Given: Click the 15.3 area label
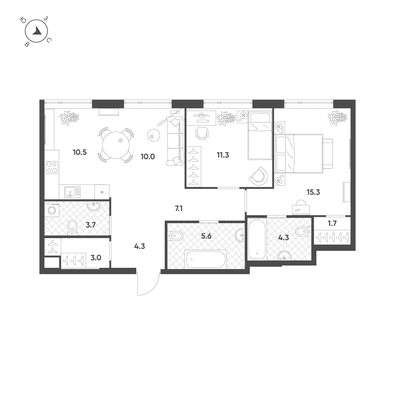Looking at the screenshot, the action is pos(313,192).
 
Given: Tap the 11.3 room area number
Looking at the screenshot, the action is pos(223,155).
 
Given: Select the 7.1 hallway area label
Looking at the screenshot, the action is pos(179,209).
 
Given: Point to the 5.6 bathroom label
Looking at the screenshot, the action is pos(206,236).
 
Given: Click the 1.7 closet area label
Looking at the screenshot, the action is pos(332,224).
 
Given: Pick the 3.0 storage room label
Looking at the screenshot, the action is pos(96,258).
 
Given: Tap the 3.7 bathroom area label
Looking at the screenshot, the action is pos(91,225).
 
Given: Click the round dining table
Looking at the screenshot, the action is pos(116,145).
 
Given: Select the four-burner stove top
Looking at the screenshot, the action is pos(52,167).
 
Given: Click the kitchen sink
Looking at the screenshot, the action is pos(73,192).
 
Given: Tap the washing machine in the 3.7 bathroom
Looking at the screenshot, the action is pos(52,210).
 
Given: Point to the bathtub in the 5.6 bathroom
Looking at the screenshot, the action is pos(206,259).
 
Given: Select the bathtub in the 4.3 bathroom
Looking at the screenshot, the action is pos(257,239).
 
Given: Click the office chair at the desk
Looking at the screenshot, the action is pos(202,133).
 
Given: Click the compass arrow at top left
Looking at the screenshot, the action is pos(38,31).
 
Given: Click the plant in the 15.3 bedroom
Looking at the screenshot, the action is pos(337,118).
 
